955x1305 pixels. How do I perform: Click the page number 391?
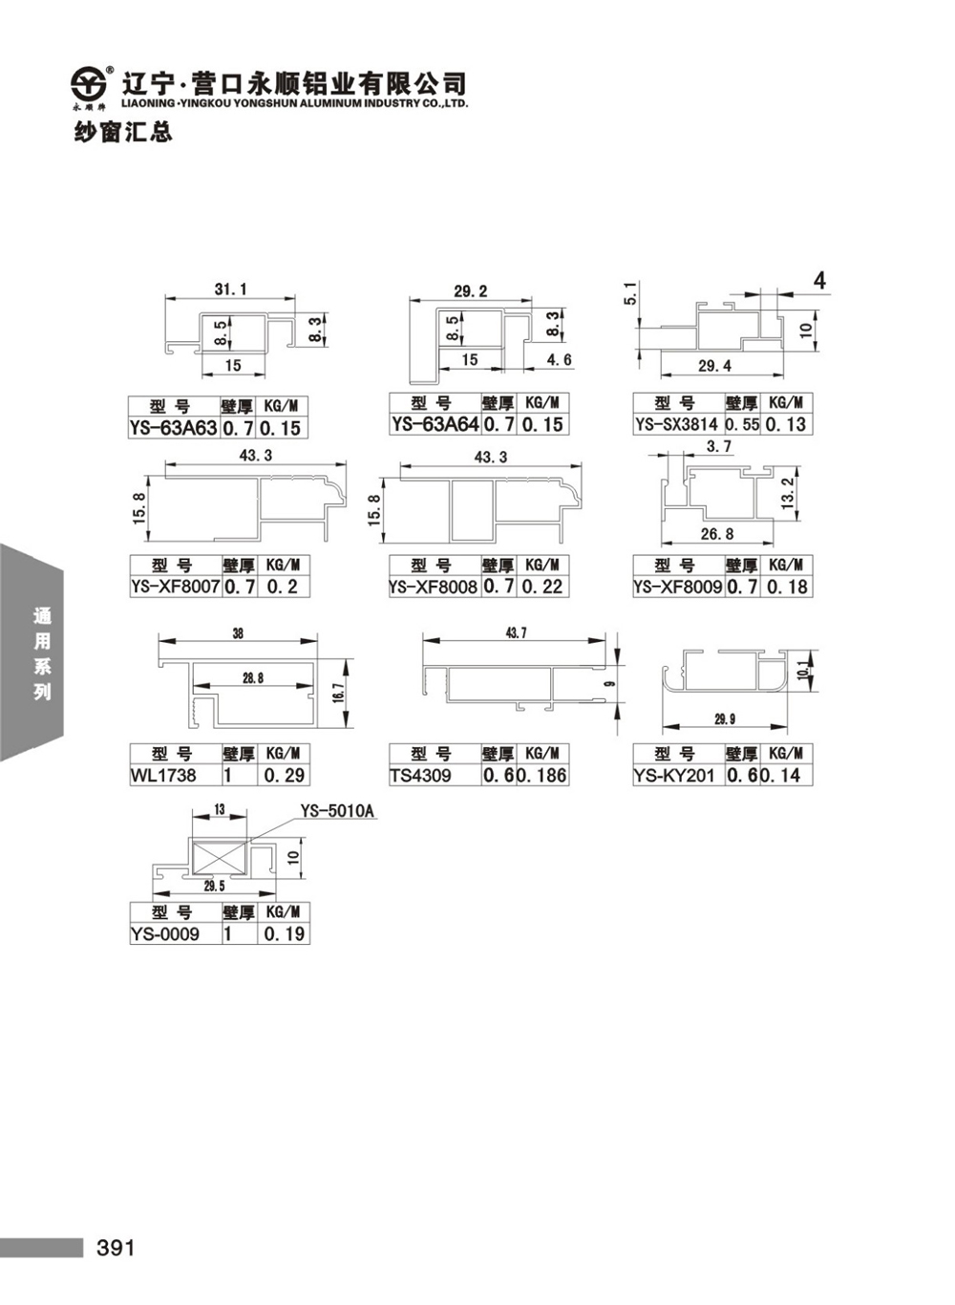116,1248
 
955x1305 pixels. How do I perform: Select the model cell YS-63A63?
174,428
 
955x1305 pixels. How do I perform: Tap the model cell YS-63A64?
435,424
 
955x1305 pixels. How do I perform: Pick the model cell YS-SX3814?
677,424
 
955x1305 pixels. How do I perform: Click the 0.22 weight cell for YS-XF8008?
542,587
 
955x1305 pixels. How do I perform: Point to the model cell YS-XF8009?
678,587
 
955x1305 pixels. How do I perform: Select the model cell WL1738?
163,776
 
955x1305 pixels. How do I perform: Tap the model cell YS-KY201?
674,776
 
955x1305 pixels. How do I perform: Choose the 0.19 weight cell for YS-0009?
285,934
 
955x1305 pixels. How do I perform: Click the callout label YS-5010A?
337,811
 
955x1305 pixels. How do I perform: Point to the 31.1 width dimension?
230,289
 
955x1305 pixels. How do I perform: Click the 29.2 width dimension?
470,290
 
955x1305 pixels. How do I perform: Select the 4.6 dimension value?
559,360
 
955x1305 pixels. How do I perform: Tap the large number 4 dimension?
819,281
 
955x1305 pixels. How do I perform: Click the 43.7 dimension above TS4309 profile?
516,633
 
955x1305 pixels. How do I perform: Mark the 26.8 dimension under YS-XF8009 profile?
717,534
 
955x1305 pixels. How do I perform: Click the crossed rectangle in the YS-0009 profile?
219,856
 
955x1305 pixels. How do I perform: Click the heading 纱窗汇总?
123,133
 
